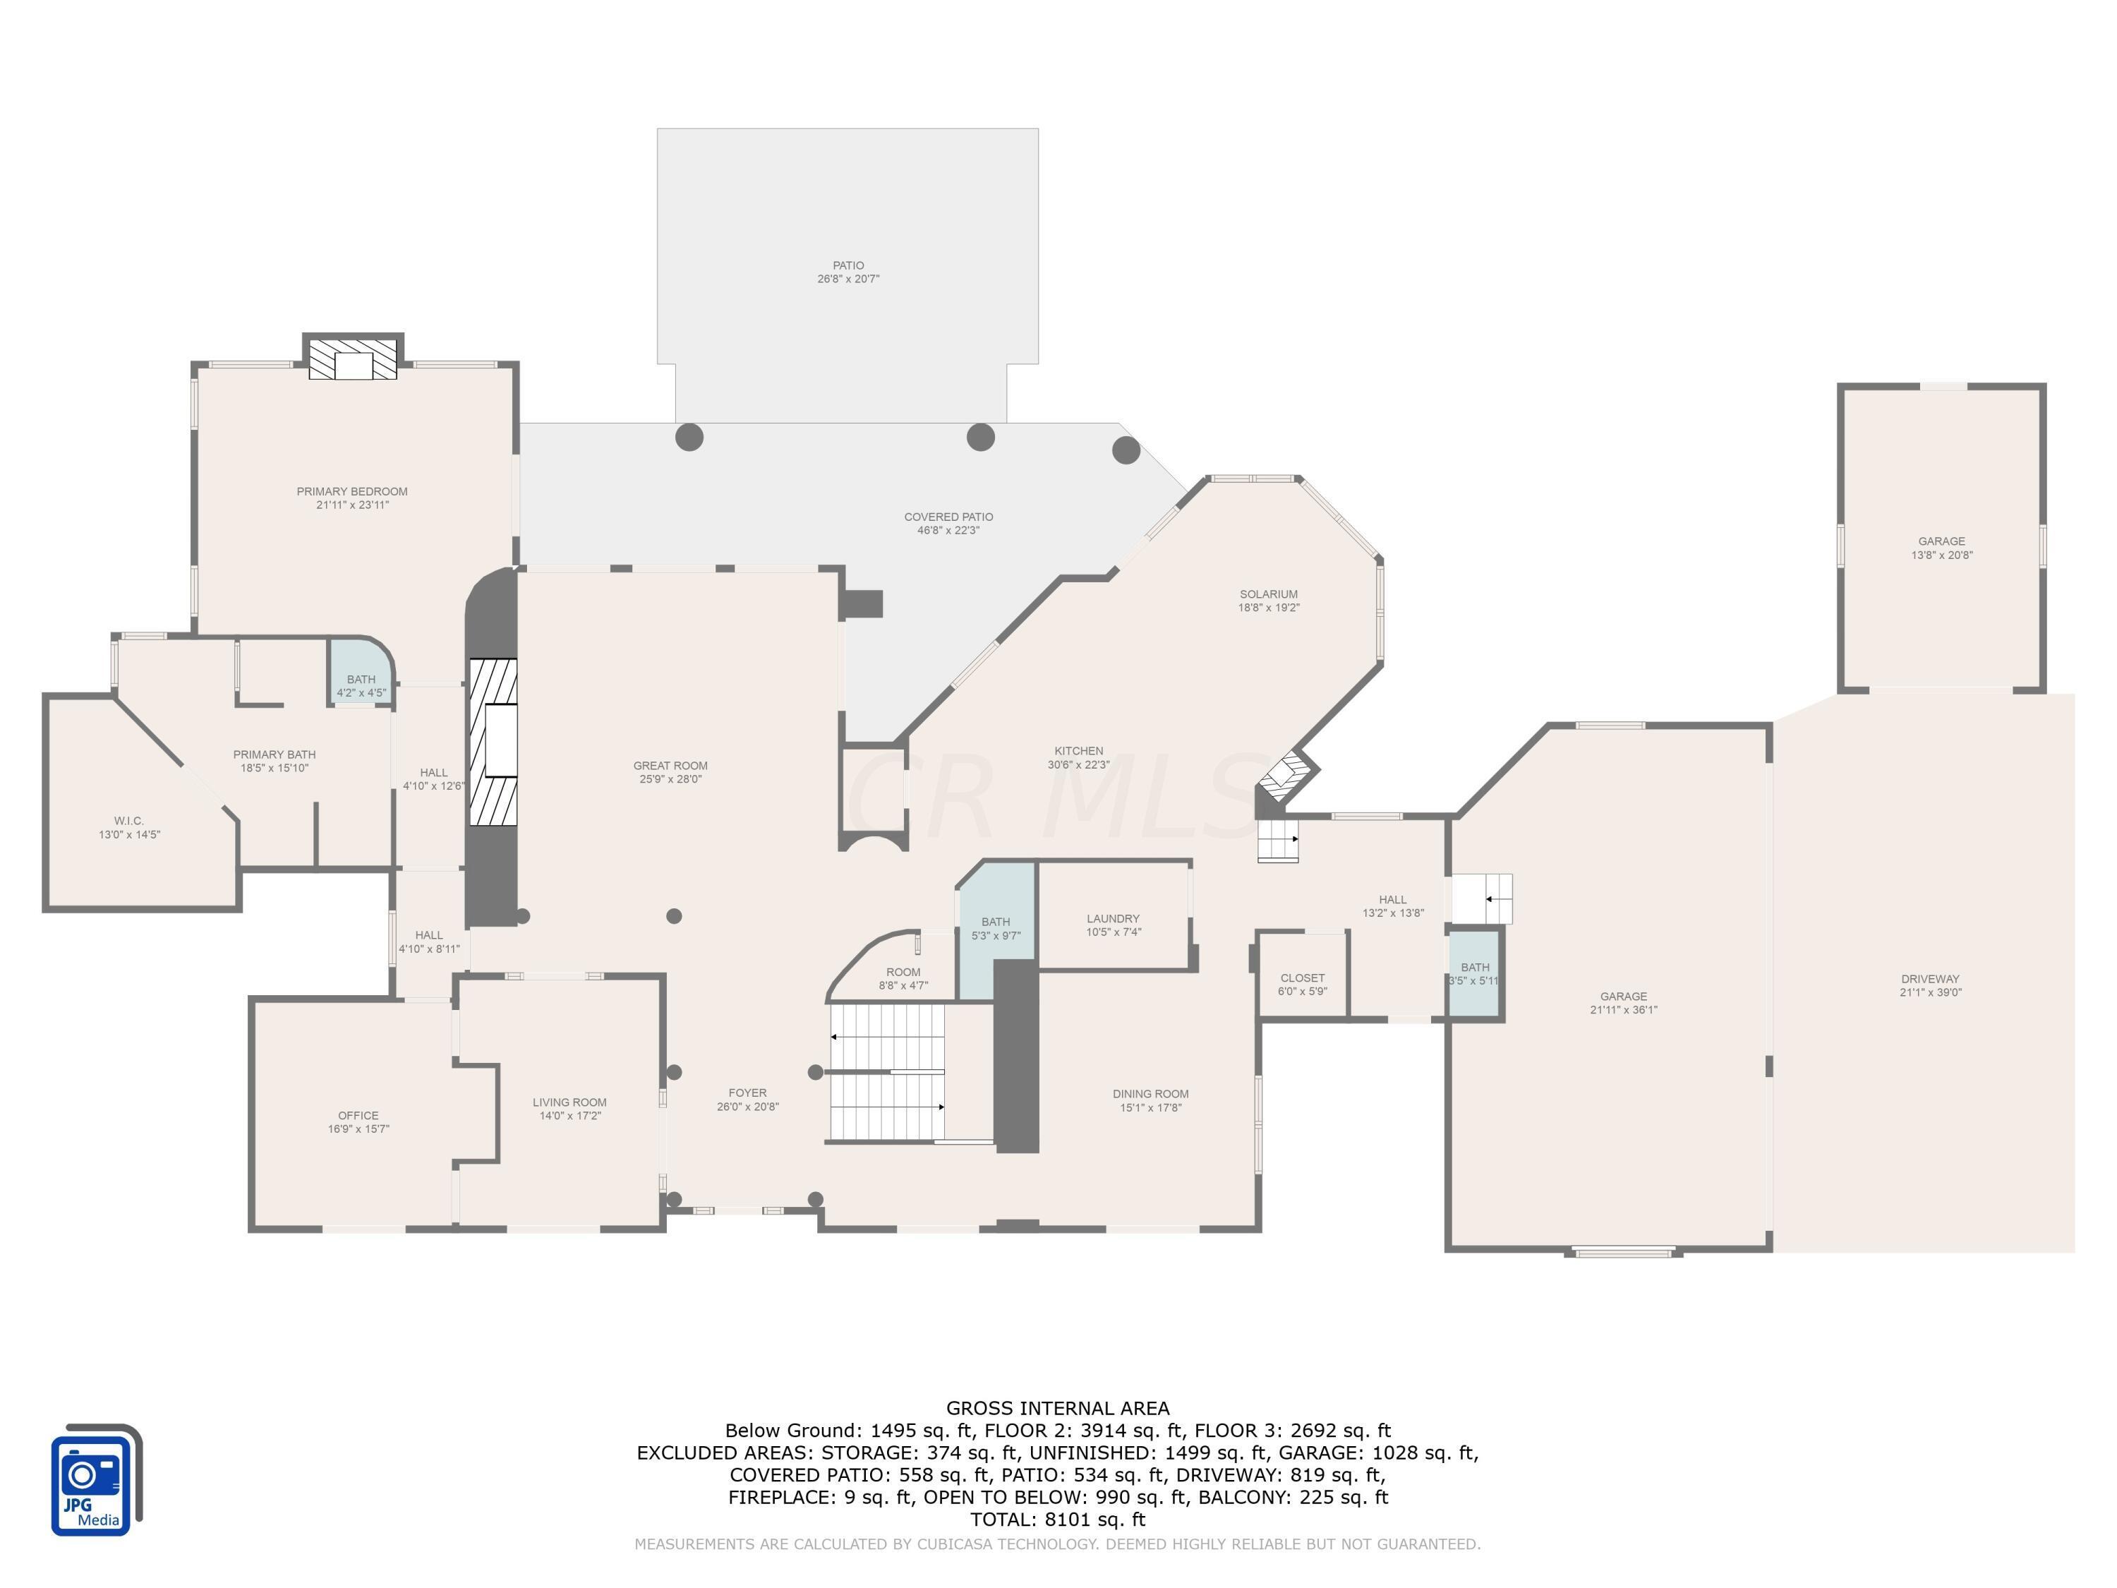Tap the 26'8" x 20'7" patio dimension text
pyautogui.click(x=848, y=279)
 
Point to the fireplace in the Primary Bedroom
pyautogui.click(x=352, y=360)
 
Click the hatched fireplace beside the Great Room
pyautogui.click(x=493, y=742)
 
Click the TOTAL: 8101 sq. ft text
pyautogui.click(x=1058, y=1519)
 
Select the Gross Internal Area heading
pyautogui.click(x=1058, y=1408)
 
